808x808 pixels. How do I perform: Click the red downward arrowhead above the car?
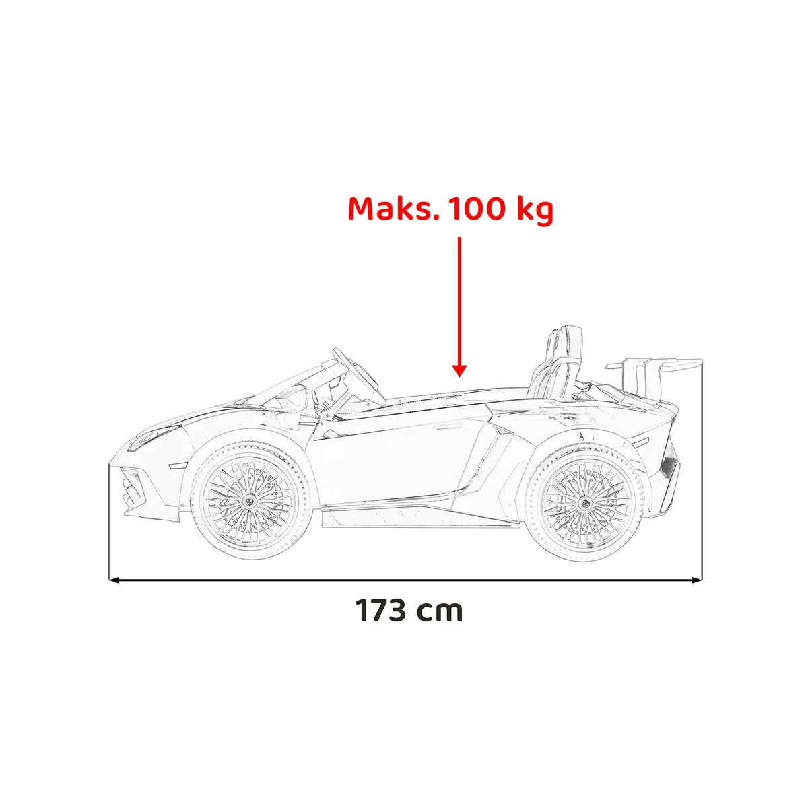click(460, 371)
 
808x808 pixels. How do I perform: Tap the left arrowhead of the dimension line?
click(114, 580)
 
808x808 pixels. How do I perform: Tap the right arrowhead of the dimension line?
click(697, 580)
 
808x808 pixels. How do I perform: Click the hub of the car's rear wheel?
click(584, 502)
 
